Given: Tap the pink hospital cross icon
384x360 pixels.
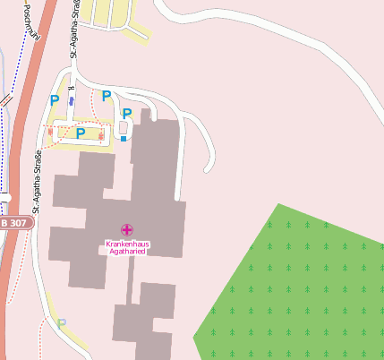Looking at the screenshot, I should click(126, 230).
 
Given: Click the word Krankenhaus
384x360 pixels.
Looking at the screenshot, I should click(126, 244).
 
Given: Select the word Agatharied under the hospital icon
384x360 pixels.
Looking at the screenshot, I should click(126, 253).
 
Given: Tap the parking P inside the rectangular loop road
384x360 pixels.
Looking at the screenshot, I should click(81, 133).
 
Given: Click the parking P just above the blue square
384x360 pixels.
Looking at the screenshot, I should click(127, 114).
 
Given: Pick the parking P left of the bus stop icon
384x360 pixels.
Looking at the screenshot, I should click(55, 101).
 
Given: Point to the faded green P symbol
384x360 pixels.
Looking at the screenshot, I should click(62, 324).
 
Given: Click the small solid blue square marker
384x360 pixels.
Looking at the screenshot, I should click(124, 139).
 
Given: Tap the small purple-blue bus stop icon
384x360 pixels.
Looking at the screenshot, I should click(72, 101).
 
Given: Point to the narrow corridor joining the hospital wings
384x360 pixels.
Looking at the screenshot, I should click(130, 281).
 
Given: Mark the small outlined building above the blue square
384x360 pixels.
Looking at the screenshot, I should click(124, 128).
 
